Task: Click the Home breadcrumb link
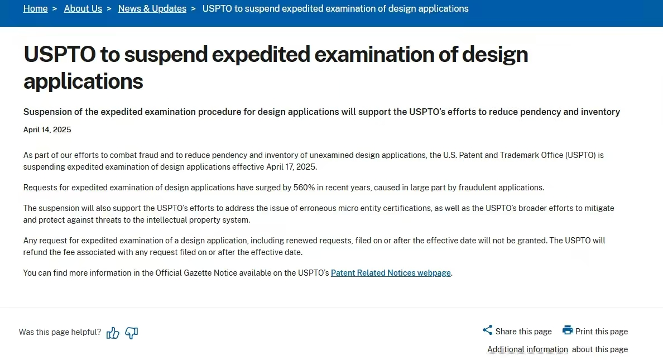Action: tap(36, 8)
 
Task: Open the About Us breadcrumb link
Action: tap(83, 8)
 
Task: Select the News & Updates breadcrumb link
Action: tap(152, 8)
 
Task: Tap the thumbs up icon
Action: tap(113, 333)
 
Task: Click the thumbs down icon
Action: tap(132, 333)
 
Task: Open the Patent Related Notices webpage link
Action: tap(391, 273)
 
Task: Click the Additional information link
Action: tap(527, 349)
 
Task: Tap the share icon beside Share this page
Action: tap(488, 330)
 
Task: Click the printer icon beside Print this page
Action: tap(568, 330)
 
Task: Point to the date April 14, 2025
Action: tap(47, 130)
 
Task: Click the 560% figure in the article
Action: tap(304, 188)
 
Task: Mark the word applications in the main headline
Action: tap(83, 81)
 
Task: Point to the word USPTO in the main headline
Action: tap(60, 54)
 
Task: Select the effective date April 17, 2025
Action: tap(291, 167)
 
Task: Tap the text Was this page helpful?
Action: tap(60, 332)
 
